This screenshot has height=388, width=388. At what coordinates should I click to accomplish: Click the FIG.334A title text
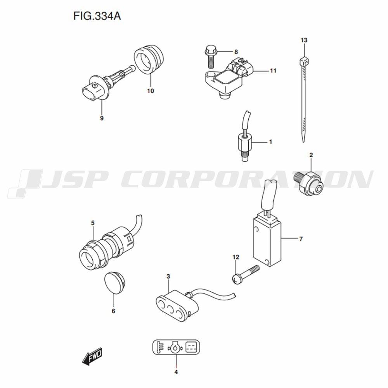point(97,16)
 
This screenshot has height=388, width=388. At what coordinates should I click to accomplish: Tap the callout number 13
point(304,40)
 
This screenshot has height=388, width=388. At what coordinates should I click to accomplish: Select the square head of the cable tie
point(304,61)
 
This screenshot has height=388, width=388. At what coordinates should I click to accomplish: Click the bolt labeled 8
point(211,56)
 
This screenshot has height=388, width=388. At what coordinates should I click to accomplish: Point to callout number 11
point(273,71)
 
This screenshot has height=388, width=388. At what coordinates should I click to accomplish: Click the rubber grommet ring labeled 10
point(149,59)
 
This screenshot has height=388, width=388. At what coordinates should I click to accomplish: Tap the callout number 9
point(102,118)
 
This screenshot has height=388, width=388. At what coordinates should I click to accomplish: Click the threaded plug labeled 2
point(308,183)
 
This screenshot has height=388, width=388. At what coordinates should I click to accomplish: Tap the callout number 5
point(93,223)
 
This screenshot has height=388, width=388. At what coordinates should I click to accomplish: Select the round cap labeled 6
point(114,282)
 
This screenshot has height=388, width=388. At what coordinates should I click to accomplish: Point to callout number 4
point(176,372)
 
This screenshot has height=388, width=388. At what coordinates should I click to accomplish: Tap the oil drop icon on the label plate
point(175,347)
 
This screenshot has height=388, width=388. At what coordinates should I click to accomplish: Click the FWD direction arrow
point(92,356)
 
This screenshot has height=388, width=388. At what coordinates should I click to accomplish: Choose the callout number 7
point(301,239)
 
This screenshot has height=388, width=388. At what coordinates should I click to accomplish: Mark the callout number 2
point(311,155)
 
